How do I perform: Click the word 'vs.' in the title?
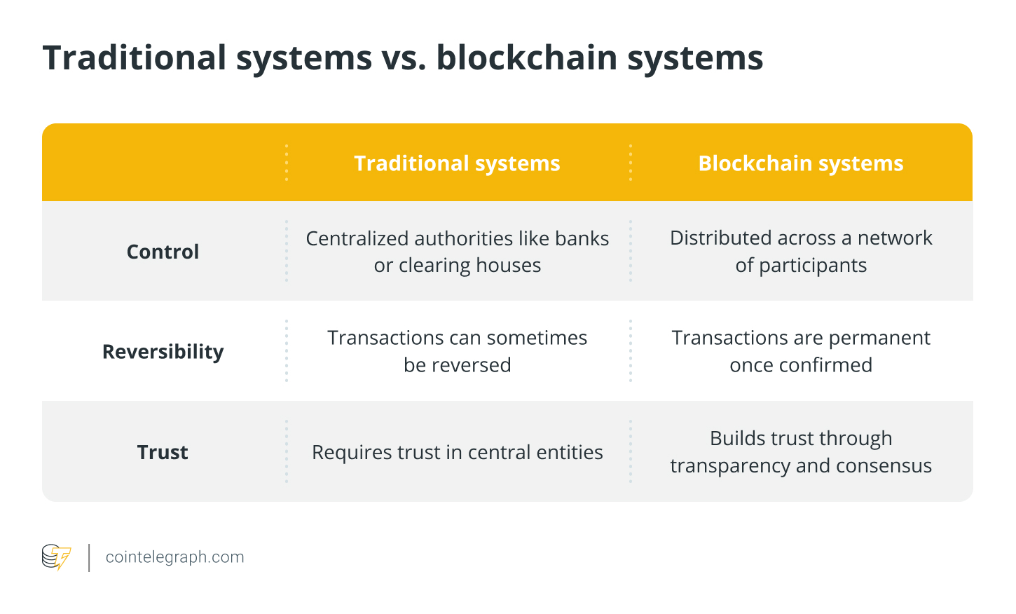[404, 57]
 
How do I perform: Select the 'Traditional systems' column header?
[457, 163]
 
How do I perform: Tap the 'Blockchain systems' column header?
[800, 163]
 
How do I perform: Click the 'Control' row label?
[163, 252]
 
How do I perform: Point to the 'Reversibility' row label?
[163, 351]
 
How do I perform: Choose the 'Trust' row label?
[163, 452]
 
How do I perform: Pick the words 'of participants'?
[801, 266]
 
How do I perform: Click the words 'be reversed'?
[457, 365]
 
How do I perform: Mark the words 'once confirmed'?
[801, 365]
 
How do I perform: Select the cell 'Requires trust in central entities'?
[457, 452]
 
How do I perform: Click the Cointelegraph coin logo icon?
[56, 557]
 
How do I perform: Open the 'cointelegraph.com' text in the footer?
[174, 557]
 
